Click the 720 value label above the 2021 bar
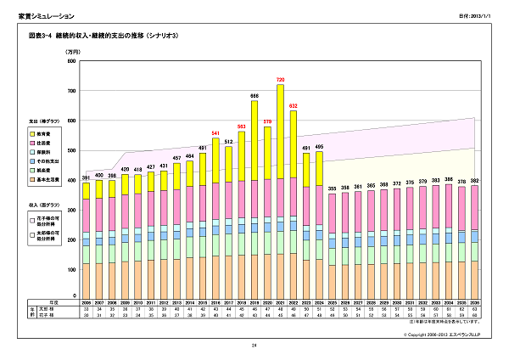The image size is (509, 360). click(280, 80)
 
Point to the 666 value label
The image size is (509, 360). click(254, 96)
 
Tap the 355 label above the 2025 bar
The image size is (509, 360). click(333, 188)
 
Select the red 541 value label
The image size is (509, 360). click(215, 133)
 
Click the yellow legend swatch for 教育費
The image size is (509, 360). click(31, 133)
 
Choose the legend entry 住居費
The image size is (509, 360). click(46, 142)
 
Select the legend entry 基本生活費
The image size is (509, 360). click(49, 177)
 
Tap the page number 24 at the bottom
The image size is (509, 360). click(254, 346)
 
